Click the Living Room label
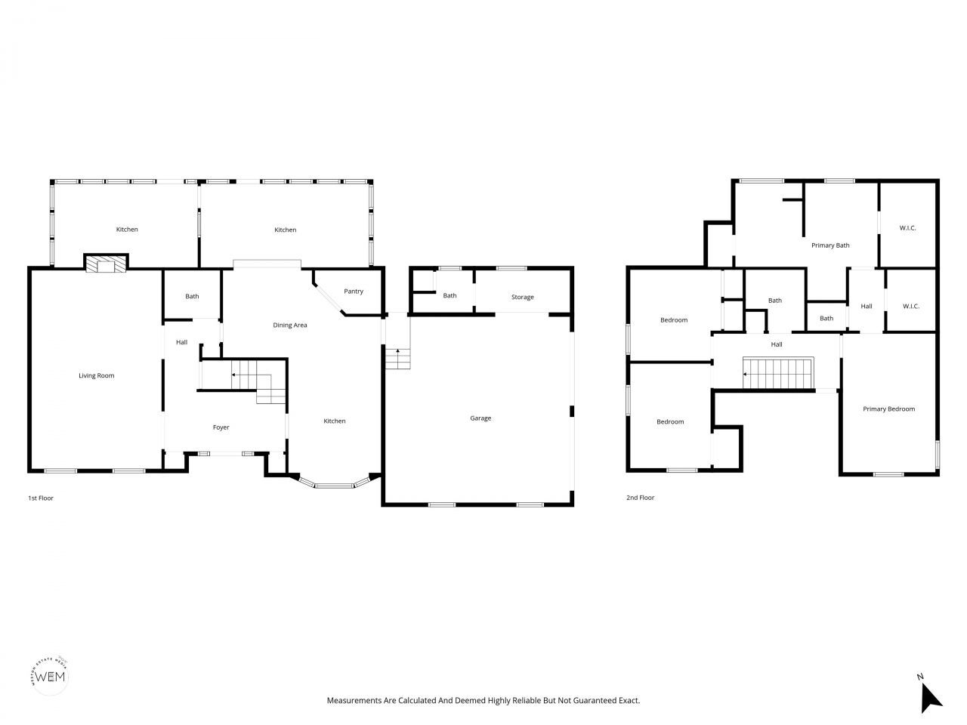click(x=97, y=375)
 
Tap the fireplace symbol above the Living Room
click(x=105, y=264)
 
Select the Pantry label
click(x=354, y=292)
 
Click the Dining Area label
click(x=290, y=325)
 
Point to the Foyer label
click(x=221, y=427)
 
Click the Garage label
click(x=480, y=418)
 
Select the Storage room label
click(x=522, y=298)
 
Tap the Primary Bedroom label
click(x=888, y=409)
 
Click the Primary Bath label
click(x=830, y=245)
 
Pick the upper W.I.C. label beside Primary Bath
click(x=907, y=227)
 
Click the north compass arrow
click(x=931, y=696)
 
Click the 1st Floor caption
click(x=41, y=498)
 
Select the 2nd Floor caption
click(x=640, y=498)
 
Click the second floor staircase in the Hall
click(x=778, y=373)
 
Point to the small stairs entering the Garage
click(x=397, y=358)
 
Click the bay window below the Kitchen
click(x=335, y=484)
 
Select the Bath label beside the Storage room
click(x=450, y=296)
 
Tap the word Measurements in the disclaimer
click(x=352, y=701)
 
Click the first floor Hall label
click(x=181, y=343)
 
